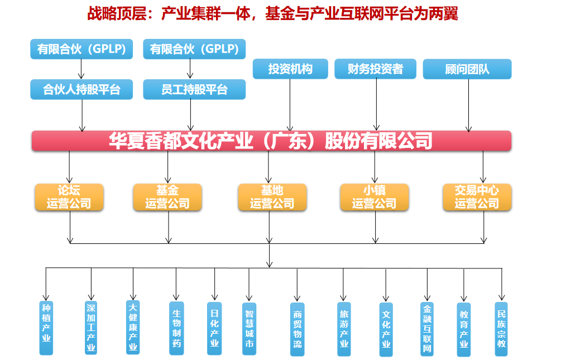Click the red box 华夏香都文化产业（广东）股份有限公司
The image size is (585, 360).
pyautogui.click(x=271, y=141)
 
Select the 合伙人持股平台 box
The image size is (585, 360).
pyautogui.click(x=81, y=90)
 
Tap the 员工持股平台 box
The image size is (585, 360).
pyautogui.click(x=194, y=90)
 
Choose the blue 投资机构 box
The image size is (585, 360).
pyautogui.click(x=290, y=69)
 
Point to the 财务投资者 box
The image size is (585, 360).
pyautogui.click(x=375, y=69)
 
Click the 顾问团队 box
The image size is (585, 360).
pyautogui.click(x=467, y=69)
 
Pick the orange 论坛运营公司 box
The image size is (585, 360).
pyautogui.click(x=69, y=197)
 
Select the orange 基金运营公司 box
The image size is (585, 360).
pyautogui.click(x=167, y=197)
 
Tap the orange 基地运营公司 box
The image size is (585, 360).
pyautogui.click(x=272, y=197)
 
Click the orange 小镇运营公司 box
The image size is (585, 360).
pyautogui.click(x=374, y=197)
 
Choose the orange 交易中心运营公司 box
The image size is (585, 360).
pyautogui.click(x=477, y=197)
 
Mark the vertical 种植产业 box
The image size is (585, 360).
pyautogui.click(x=46, y=328)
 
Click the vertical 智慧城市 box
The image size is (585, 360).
pyautogui.click(x=250, y=329)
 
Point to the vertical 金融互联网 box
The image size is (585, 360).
pyautogui.click(x=427, y=329)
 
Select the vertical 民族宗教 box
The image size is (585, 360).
pyautogui.click(x=502, y=329)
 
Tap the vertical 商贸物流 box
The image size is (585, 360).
pyautogui.click(x=298, y=329)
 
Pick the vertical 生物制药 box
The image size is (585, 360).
pyautogui.click(x=176, y=329)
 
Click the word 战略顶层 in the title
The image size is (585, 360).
pyautogui.click(x=118, y=13)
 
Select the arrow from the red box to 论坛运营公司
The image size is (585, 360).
pyautogui.click(x=70, y=166)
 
